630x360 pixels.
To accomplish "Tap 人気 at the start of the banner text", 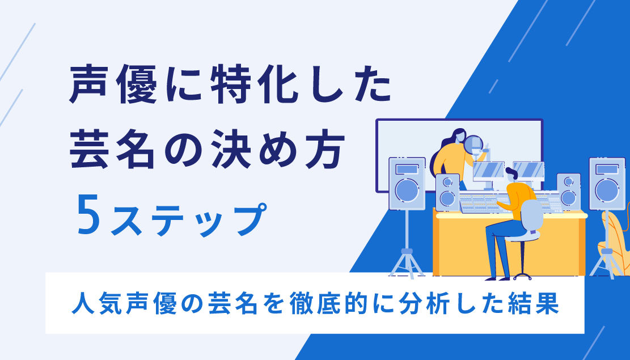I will [x=90, y=304].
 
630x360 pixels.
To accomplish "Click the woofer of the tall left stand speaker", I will [x=407, y=190].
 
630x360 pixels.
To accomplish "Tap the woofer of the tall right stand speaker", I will [x=607, y=190].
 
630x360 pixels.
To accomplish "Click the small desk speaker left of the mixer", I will [x=447, y=192].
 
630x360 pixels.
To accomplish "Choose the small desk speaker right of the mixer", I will [x=568, y=191].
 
